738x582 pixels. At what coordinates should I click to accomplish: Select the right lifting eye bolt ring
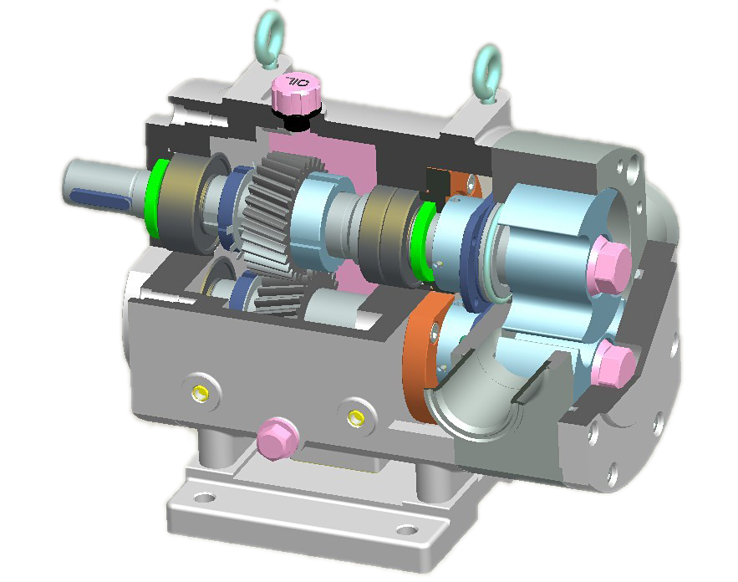coord(486,64)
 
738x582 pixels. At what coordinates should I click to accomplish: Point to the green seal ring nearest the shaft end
coord(153,198)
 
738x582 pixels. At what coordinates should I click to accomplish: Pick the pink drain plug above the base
coord(275,437)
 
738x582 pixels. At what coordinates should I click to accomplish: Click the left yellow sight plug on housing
coord(199,391)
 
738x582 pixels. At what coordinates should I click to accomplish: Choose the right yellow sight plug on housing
coord(357,416)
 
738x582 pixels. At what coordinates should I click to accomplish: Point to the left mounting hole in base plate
coord(205,499)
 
